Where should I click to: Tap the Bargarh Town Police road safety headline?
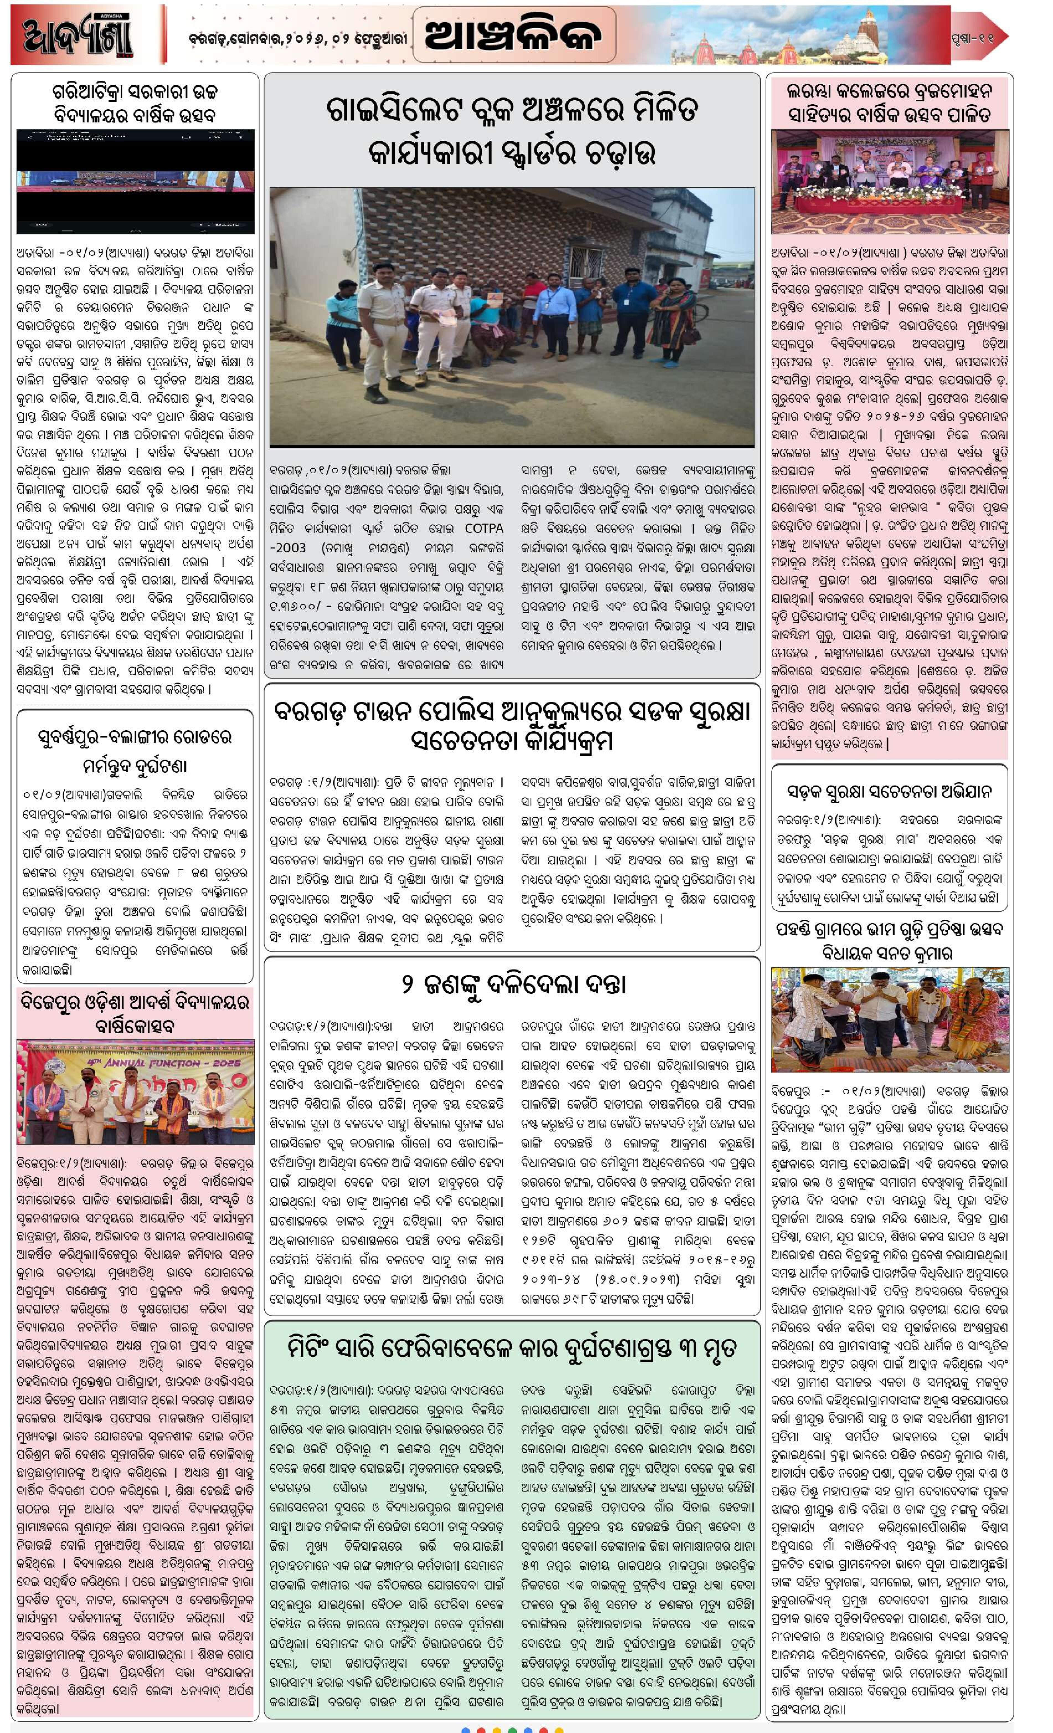click(512, 726)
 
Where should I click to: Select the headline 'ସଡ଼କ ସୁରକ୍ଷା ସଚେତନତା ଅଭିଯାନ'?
click(889, 791)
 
